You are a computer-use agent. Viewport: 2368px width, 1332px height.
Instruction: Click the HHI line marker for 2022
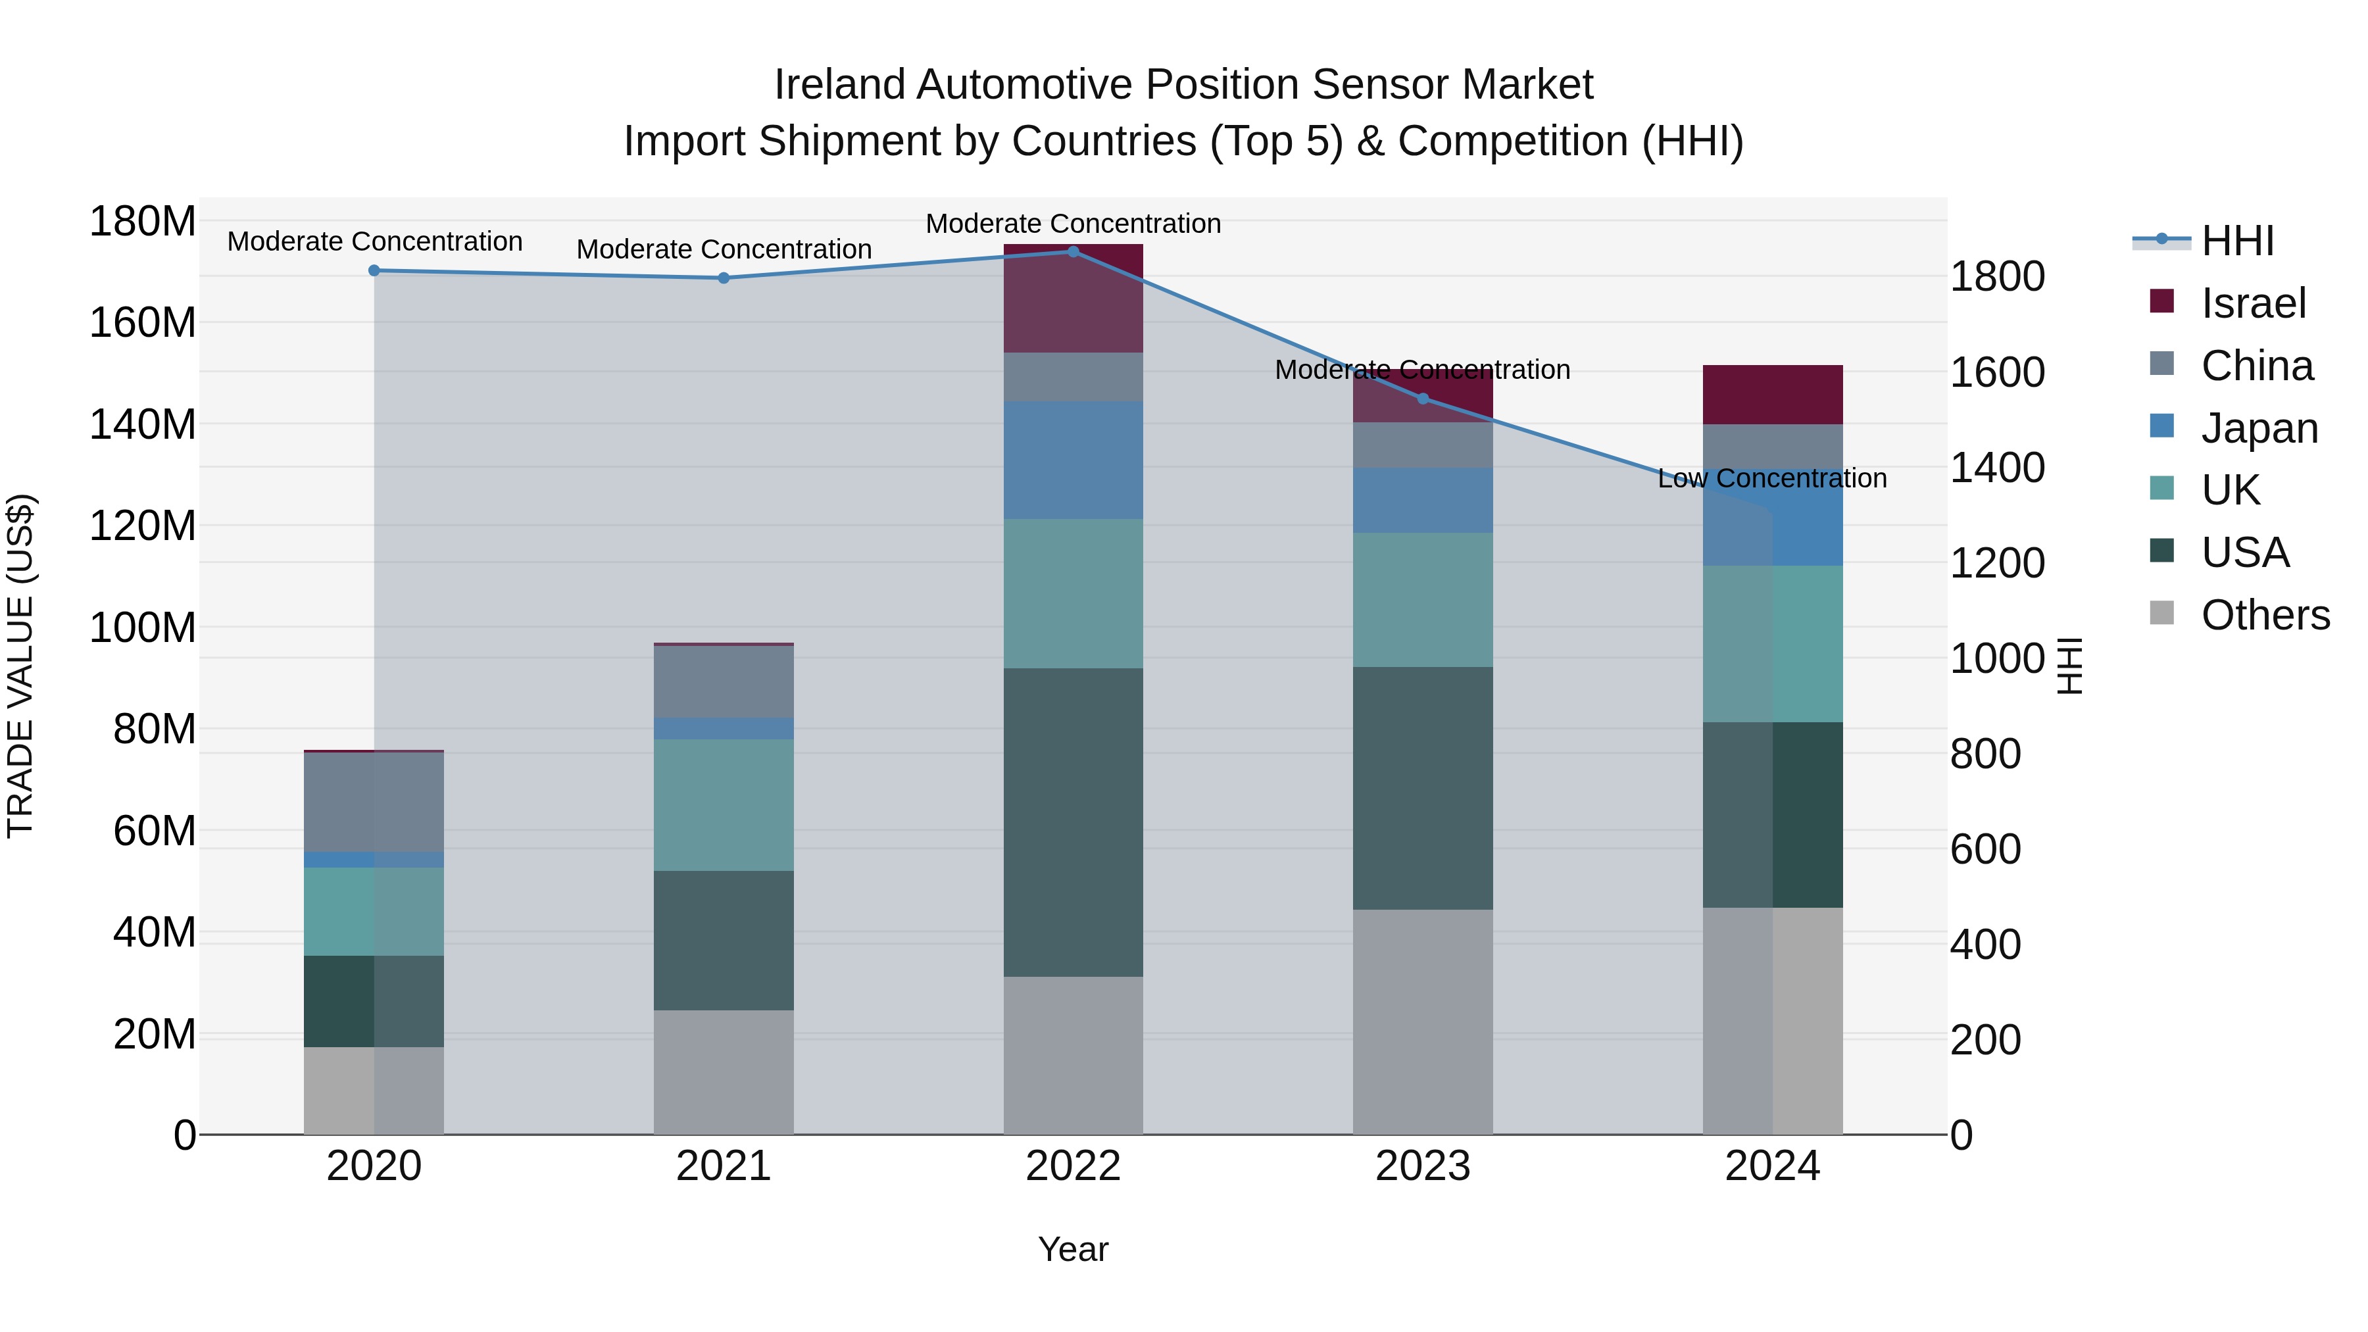(1073, 251)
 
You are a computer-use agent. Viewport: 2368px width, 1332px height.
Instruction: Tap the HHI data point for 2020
(374, 270)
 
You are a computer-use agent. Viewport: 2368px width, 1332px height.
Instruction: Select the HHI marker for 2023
(1423, 398)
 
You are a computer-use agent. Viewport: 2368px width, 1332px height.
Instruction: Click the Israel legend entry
(2252, 303)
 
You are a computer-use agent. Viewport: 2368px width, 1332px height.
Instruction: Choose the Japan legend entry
(2257, 428)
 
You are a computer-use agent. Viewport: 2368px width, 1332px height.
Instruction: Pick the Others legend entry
(2264, 615)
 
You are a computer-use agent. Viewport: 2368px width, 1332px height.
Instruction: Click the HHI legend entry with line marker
(2236, 241)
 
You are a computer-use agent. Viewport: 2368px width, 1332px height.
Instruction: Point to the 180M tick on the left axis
(143, 222)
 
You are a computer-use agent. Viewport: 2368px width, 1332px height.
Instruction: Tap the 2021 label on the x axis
(724, 1166)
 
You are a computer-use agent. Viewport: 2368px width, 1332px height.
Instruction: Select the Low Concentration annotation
(1771, 478)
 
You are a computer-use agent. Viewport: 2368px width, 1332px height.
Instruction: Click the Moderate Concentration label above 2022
(1073, 224)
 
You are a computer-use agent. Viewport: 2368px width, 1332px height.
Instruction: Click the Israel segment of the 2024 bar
(1772, 395)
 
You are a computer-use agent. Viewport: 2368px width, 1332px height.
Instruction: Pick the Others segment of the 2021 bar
(724, 1072)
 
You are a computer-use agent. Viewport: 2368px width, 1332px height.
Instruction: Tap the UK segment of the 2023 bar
(1423, 599)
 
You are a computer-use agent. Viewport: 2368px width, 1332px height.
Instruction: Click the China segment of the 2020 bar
(374, 802)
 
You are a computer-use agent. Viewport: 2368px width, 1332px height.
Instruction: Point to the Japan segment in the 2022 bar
(1073, 460)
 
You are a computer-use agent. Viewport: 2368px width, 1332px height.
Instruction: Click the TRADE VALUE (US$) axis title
(20, 666)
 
